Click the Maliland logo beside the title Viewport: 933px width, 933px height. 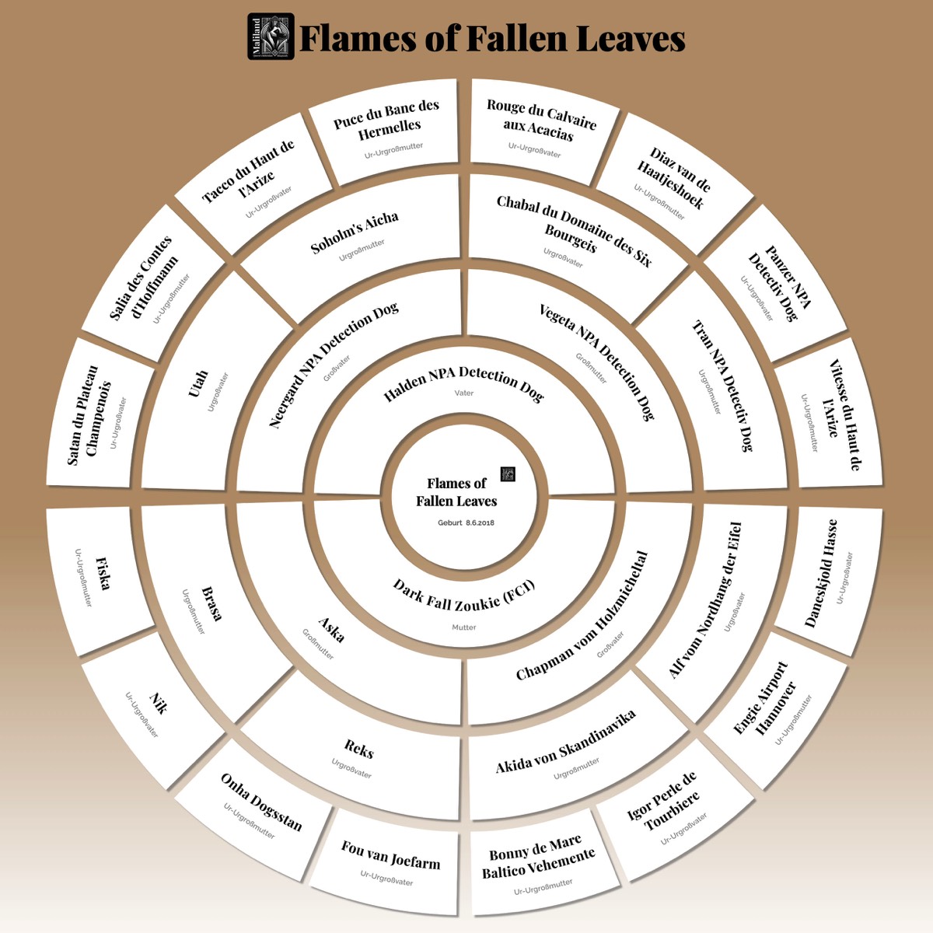click(271, 37)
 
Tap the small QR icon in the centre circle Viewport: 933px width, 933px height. click(508, 474)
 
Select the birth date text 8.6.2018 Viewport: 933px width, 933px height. click(480, 523)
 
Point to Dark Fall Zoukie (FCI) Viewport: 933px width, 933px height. click(464, 595)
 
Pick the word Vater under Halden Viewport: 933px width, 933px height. click(464, 393)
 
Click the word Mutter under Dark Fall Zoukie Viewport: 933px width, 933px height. click(464, 627)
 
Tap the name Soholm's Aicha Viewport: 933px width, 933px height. click(355, 232)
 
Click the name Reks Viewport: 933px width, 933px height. click(358, 749)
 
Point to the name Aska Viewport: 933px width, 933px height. click(331, 630)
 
